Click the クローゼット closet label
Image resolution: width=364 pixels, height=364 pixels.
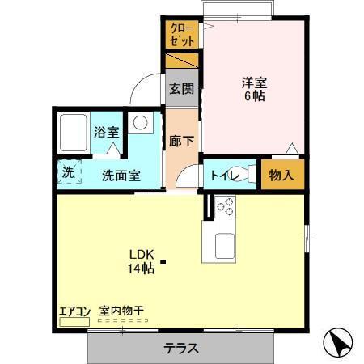point(182,35)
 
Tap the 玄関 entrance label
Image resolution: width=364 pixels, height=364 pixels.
point(182,89)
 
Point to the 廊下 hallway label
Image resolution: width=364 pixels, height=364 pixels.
point(182,138)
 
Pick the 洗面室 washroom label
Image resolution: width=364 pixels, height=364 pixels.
point(121,174)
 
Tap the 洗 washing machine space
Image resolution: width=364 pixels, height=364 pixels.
point(70,172)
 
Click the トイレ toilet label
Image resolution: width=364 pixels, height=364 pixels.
point(222,174)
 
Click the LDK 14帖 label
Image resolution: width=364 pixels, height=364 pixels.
point(140,262)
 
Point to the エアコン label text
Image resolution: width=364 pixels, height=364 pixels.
point(74,310)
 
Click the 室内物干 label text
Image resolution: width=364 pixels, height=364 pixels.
point(121,310)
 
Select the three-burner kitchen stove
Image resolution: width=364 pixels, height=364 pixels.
point(223,207)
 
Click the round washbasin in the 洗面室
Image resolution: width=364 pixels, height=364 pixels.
point(141,124)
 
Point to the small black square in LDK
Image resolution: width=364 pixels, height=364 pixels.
point(163,261)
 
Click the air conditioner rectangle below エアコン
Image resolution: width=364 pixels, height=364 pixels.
point(74,321)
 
